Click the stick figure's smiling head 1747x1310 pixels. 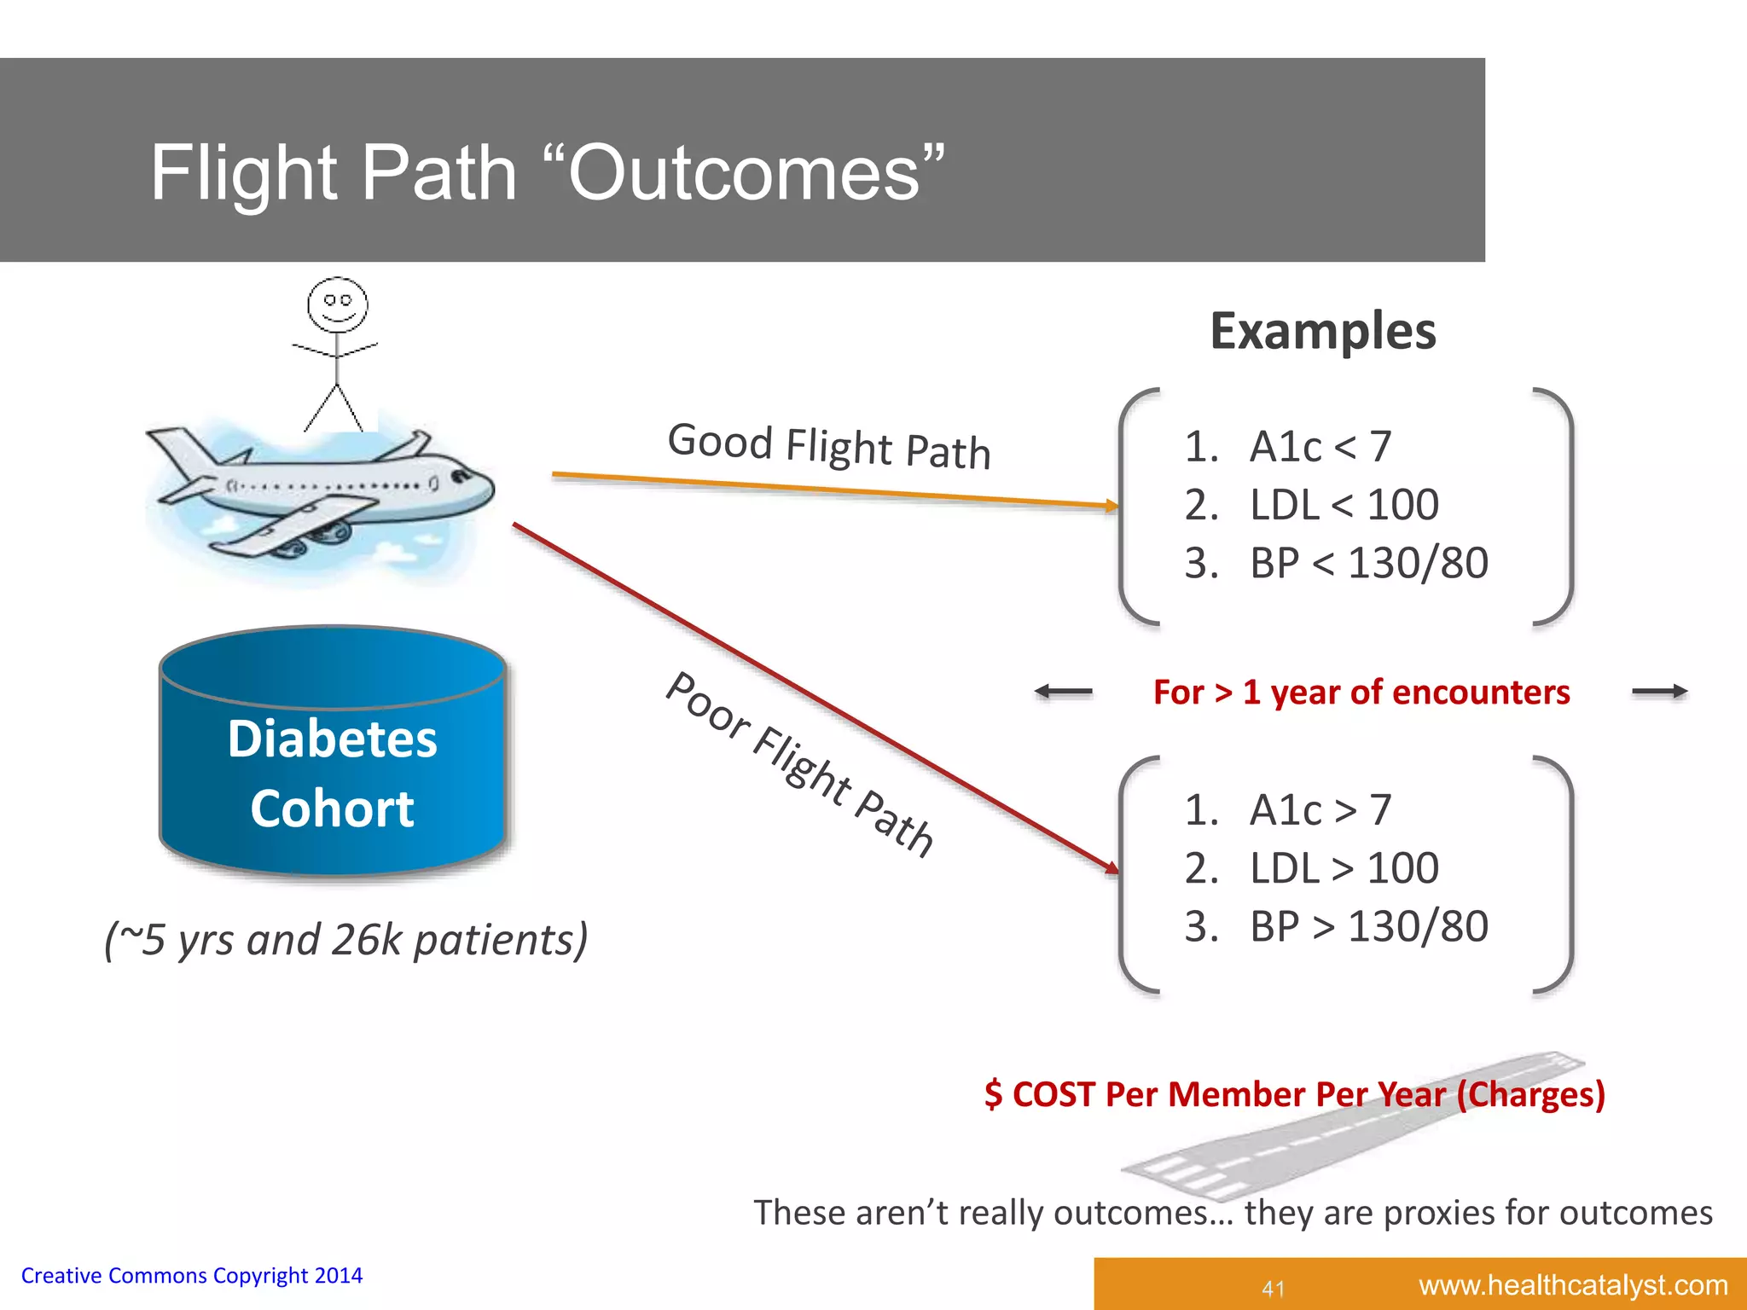click(x=338, y=304)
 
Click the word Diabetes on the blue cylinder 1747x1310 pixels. click(x=332, y=739)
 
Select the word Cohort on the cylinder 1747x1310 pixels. click(x=332, y=809)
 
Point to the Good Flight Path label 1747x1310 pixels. click(x=829, y=447)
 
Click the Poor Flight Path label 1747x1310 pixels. click(x=799, y=763)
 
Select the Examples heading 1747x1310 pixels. click(x=1323, y=331)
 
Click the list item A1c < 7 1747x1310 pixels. click(x=1320, y=447)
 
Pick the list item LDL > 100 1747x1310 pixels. click(x=1344, y=868)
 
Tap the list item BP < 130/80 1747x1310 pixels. click(x=1368, y=563)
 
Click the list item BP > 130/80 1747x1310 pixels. click(x=1368, y=926)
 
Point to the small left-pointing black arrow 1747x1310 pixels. click(x=1063, y=692)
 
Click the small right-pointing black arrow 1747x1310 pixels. click(x=1660, y=692)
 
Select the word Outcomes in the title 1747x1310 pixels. click(x=744, y=173)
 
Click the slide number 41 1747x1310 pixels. click(x=1274, y=1288)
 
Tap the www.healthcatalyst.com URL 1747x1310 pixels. click(x=1573, y=1284)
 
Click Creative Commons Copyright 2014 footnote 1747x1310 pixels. click(x=192, y=1276)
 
